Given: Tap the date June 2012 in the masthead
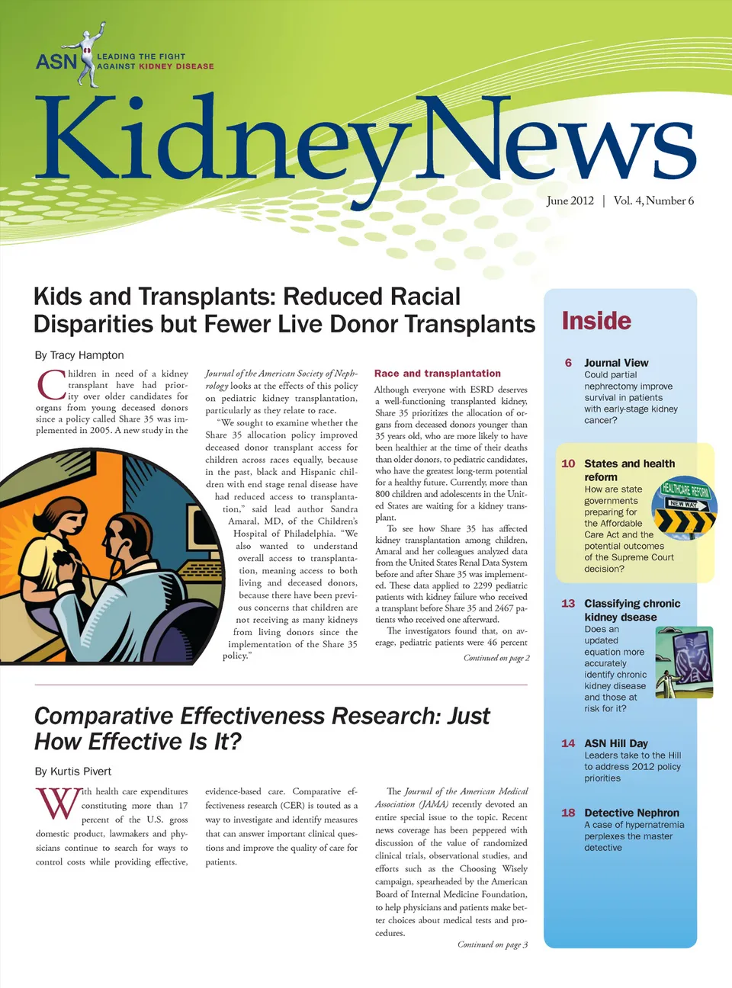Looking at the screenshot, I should pos(570,200).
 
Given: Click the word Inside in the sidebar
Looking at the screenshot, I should pos(596,321).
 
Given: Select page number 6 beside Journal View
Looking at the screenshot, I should pos(568,363).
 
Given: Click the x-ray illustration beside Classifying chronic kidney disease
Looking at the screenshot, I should pos(683,661).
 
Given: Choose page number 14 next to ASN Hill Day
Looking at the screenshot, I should pos(568,743).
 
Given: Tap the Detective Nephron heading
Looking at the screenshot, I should pos(631,813).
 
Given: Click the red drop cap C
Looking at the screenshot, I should pos(51,385).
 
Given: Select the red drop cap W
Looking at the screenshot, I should pos(57,804).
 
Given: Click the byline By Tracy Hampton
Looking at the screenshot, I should pos(79,355).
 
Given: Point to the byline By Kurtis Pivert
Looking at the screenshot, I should pos(73,771).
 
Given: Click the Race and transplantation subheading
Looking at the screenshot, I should pos(438,374).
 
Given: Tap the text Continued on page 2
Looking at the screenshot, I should pos(496,658).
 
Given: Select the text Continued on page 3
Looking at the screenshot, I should pos(493,945).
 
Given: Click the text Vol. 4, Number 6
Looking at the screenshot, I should pos(653,200).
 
